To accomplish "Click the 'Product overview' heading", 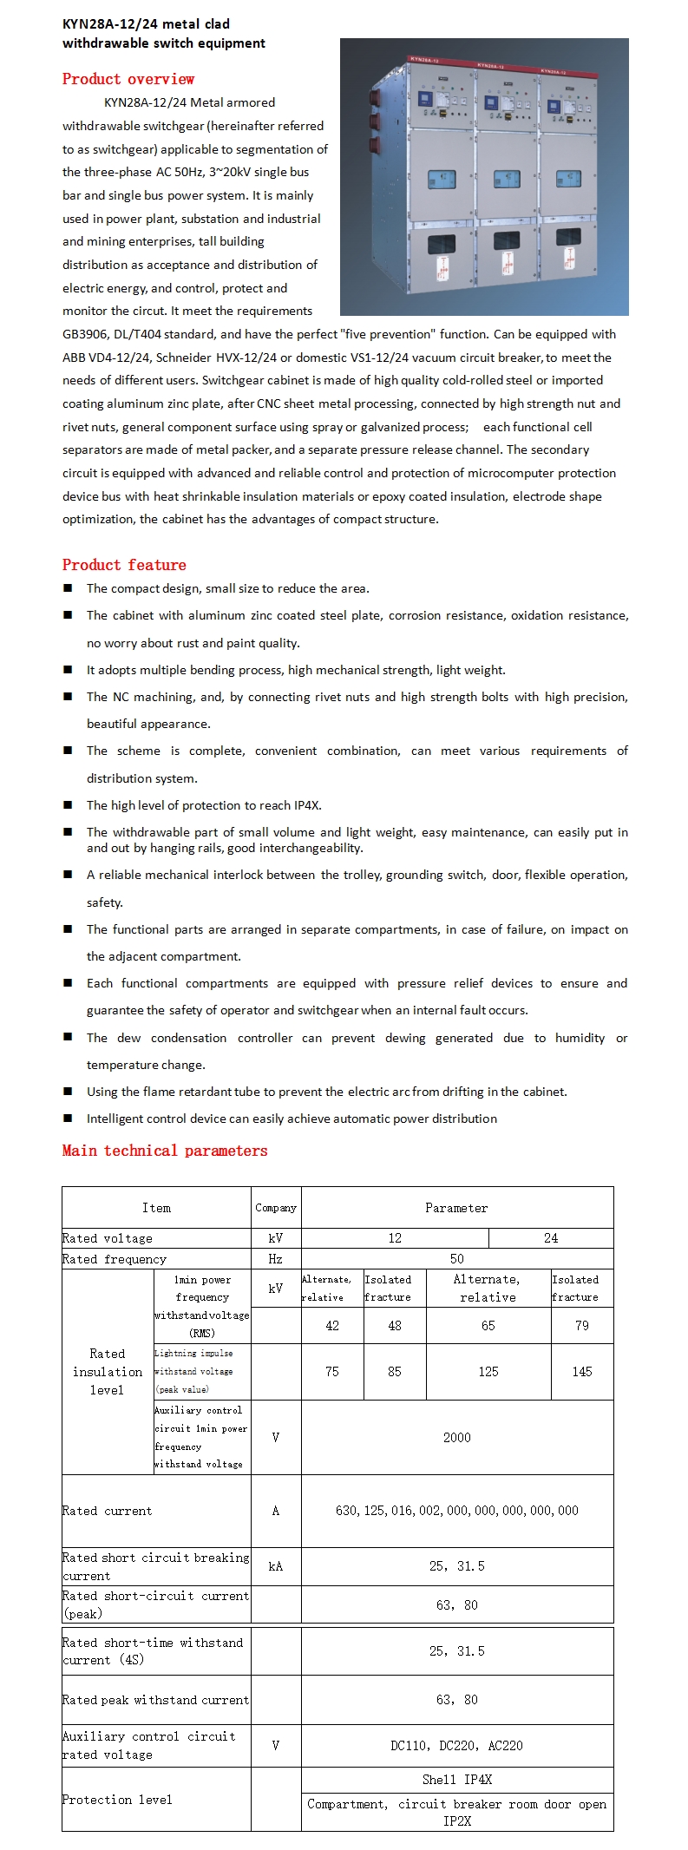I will (128, 79).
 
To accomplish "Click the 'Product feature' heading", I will (124, 565).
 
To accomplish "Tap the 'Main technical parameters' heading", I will (165, 1151).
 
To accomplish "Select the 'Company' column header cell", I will (276, 1208).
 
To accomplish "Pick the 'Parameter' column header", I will (456, 1208).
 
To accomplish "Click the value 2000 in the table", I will (456, 1438).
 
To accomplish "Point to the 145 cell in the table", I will (581, 1372).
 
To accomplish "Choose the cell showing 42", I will (332, 1326).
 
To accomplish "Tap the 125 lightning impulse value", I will (488, 1372).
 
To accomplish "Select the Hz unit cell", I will (275, 1259).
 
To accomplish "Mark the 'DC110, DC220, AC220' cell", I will (456, 1746).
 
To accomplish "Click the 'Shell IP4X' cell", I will (456, 1780).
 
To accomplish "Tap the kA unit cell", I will (275, 1566).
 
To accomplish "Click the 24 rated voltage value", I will (551, 1238).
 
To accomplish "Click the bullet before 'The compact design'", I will (68, 588).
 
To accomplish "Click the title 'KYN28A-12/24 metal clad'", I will (146, 24).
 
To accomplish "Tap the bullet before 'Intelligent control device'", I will (68, 1119).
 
